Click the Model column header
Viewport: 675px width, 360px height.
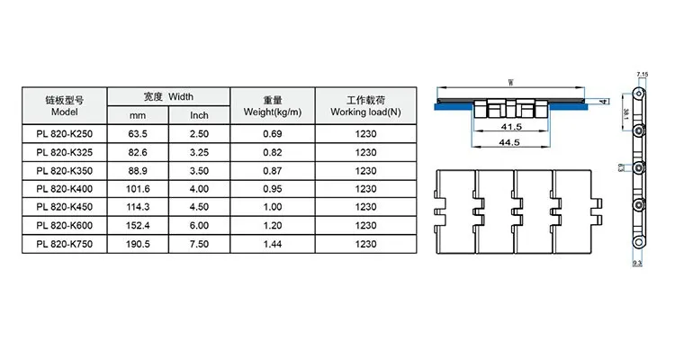point(66,105)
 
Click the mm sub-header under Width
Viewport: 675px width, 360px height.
point(138,115)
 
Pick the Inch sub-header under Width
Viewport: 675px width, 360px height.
point(200,115)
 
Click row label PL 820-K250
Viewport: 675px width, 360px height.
point(66,134)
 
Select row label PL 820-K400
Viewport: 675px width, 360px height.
point(66,189)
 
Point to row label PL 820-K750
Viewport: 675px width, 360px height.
point(66,244)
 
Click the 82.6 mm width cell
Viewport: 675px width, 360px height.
point(138,152)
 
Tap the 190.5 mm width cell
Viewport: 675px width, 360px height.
point(138,244)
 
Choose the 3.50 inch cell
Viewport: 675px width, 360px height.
point(200,171)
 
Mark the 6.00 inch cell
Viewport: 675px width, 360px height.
point(200,226)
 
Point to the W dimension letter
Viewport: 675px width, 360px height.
point(510,82)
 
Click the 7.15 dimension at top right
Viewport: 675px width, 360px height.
point(642,72)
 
